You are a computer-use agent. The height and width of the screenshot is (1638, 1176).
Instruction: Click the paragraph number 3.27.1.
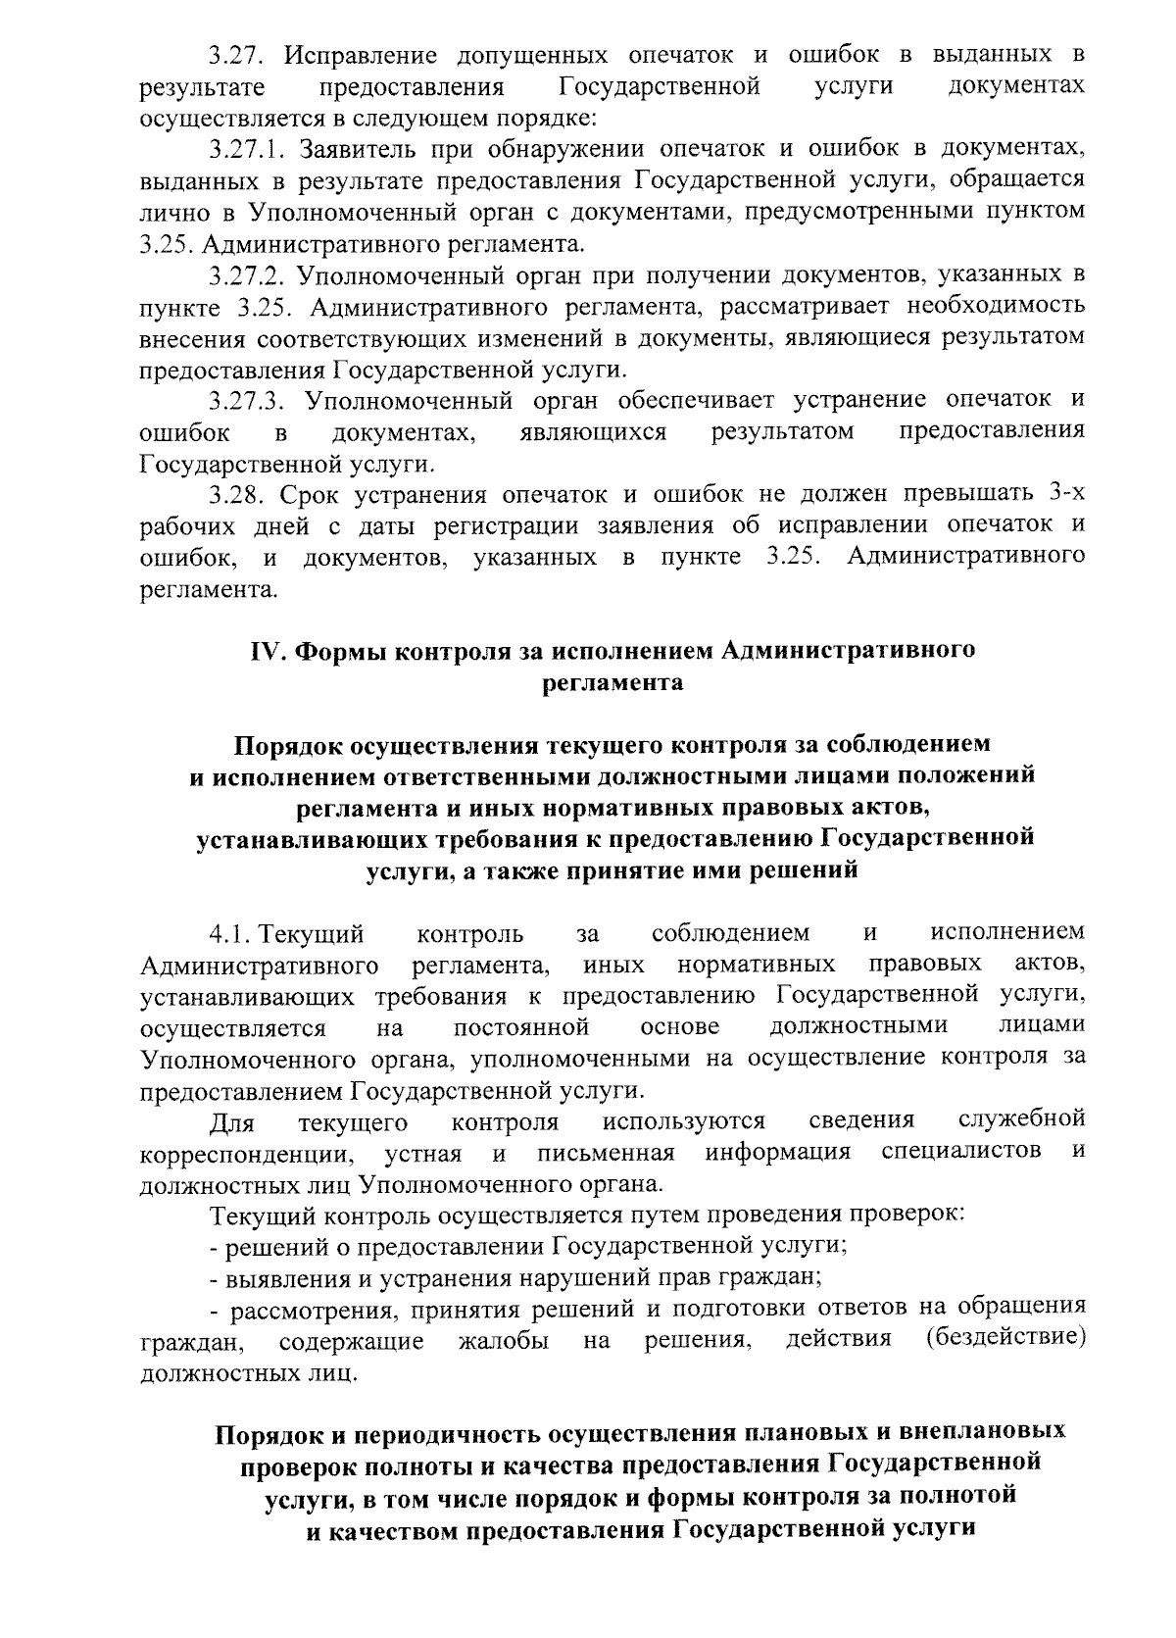(247, 151)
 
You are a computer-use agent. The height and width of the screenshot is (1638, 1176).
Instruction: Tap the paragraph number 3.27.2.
(247, 275)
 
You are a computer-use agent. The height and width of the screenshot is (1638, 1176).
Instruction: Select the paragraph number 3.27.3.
(247, 401)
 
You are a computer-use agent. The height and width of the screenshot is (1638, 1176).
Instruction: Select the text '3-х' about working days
(1065, 495)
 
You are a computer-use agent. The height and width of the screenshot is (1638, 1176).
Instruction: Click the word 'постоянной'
(521, 1027)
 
